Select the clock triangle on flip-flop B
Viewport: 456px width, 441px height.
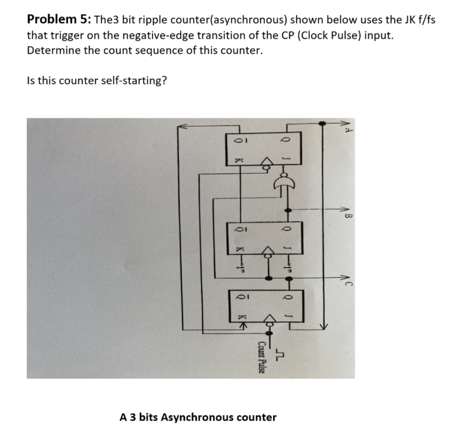pyautogui.click(x=268, y=251)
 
